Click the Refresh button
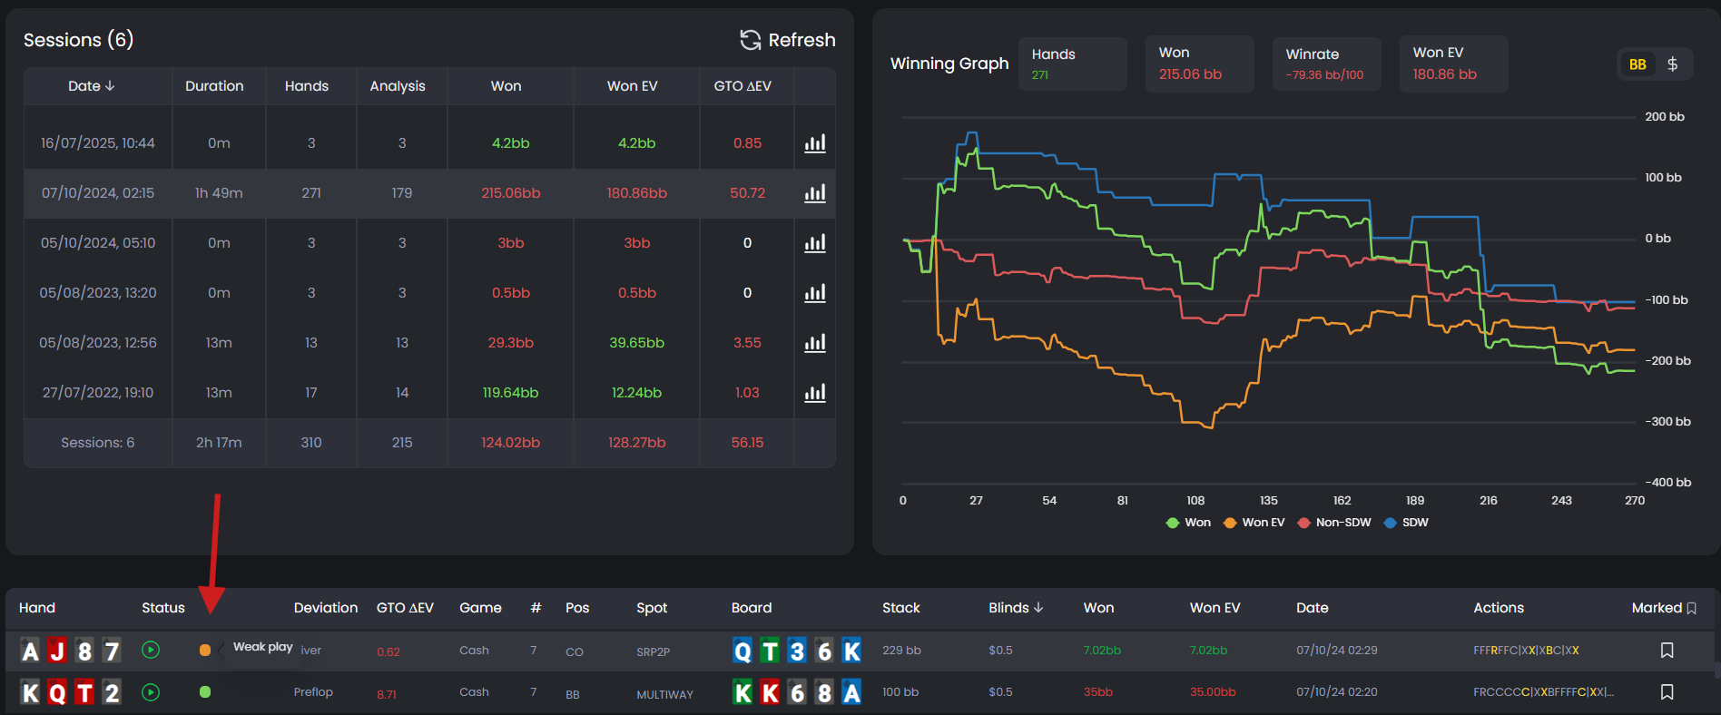(788, 40)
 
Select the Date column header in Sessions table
(91, 86)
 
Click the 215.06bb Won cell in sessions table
(510, 193)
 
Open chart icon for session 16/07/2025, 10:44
(814, 143)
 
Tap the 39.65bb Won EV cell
(636, 343)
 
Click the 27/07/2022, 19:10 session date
(98, 393)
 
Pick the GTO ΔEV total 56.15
(747, 443)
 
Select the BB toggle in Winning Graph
(1637, 64)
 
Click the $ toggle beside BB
(1672, 64)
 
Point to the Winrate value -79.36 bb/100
(1323, 75)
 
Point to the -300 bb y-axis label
(1667, 422)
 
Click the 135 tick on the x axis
(1268, 501)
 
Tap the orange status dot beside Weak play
(205, 650)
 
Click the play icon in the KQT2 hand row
(151, 692)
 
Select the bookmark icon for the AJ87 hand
(1667, 651)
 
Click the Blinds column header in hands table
(1015, 608)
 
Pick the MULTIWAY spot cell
(664, 694)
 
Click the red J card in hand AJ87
(57, 651)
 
